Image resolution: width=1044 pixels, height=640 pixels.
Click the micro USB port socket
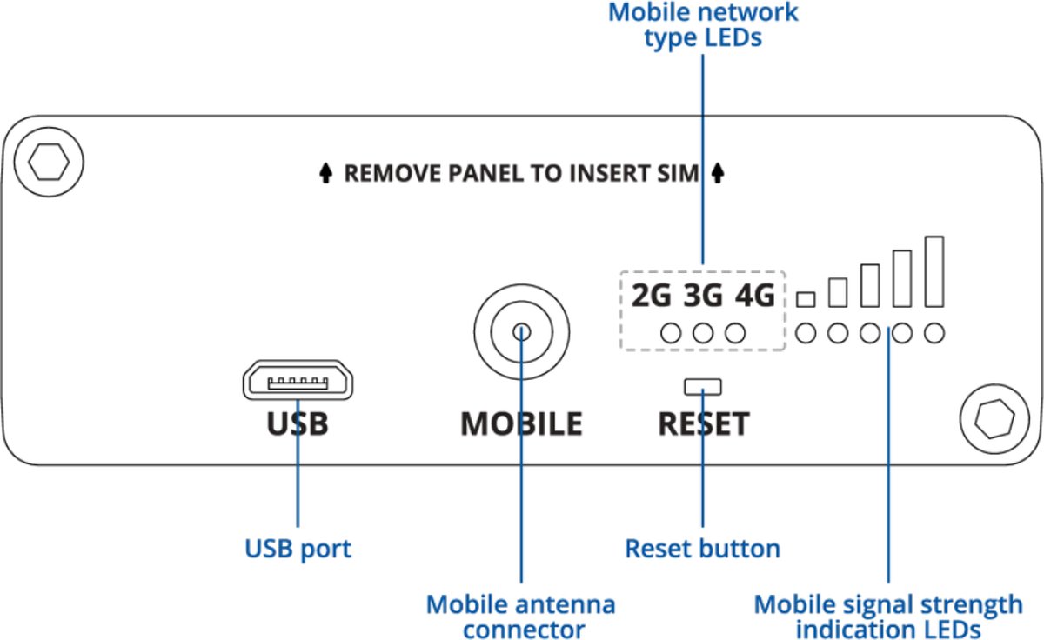click(x=298, y=381)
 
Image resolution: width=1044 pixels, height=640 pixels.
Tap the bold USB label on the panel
click(x=298, y=423)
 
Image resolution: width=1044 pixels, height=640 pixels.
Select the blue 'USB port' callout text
click(x=298, y=549)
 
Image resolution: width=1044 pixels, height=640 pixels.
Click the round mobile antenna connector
click(x=521, y=332)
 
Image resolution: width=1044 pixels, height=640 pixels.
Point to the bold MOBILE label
click(x=521, y=423)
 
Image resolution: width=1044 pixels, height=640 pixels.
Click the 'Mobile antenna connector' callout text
click(x=521, y=616)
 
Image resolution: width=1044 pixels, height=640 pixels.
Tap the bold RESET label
click(x=703, y=423)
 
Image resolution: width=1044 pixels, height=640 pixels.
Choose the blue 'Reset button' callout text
click(x=703, y=549)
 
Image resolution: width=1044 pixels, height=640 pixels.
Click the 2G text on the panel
click(x=652, y=297)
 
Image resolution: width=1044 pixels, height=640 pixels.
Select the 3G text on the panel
click(x=703, y=297)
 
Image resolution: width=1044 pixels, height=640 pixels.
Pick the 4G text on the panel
click(x=754, y=297)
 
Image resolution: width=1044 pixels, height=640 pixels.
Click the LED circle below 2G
click(x=671, y=332)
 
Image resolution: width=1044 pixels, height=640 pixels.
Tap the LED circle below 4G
click(x=735, y=332)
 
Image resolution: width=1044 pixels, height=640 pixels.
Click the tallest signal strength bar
click(x=934, y=271)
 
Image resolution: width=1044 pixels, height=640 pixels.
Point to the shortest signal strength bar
click(x=806, y=299)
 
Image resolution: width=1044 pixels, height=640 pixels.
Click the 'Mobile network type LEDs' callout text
click(x=703, y=26)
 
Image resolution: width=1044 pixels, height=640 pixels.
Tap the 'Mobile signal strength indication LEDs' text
click(x=888, y=616)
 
